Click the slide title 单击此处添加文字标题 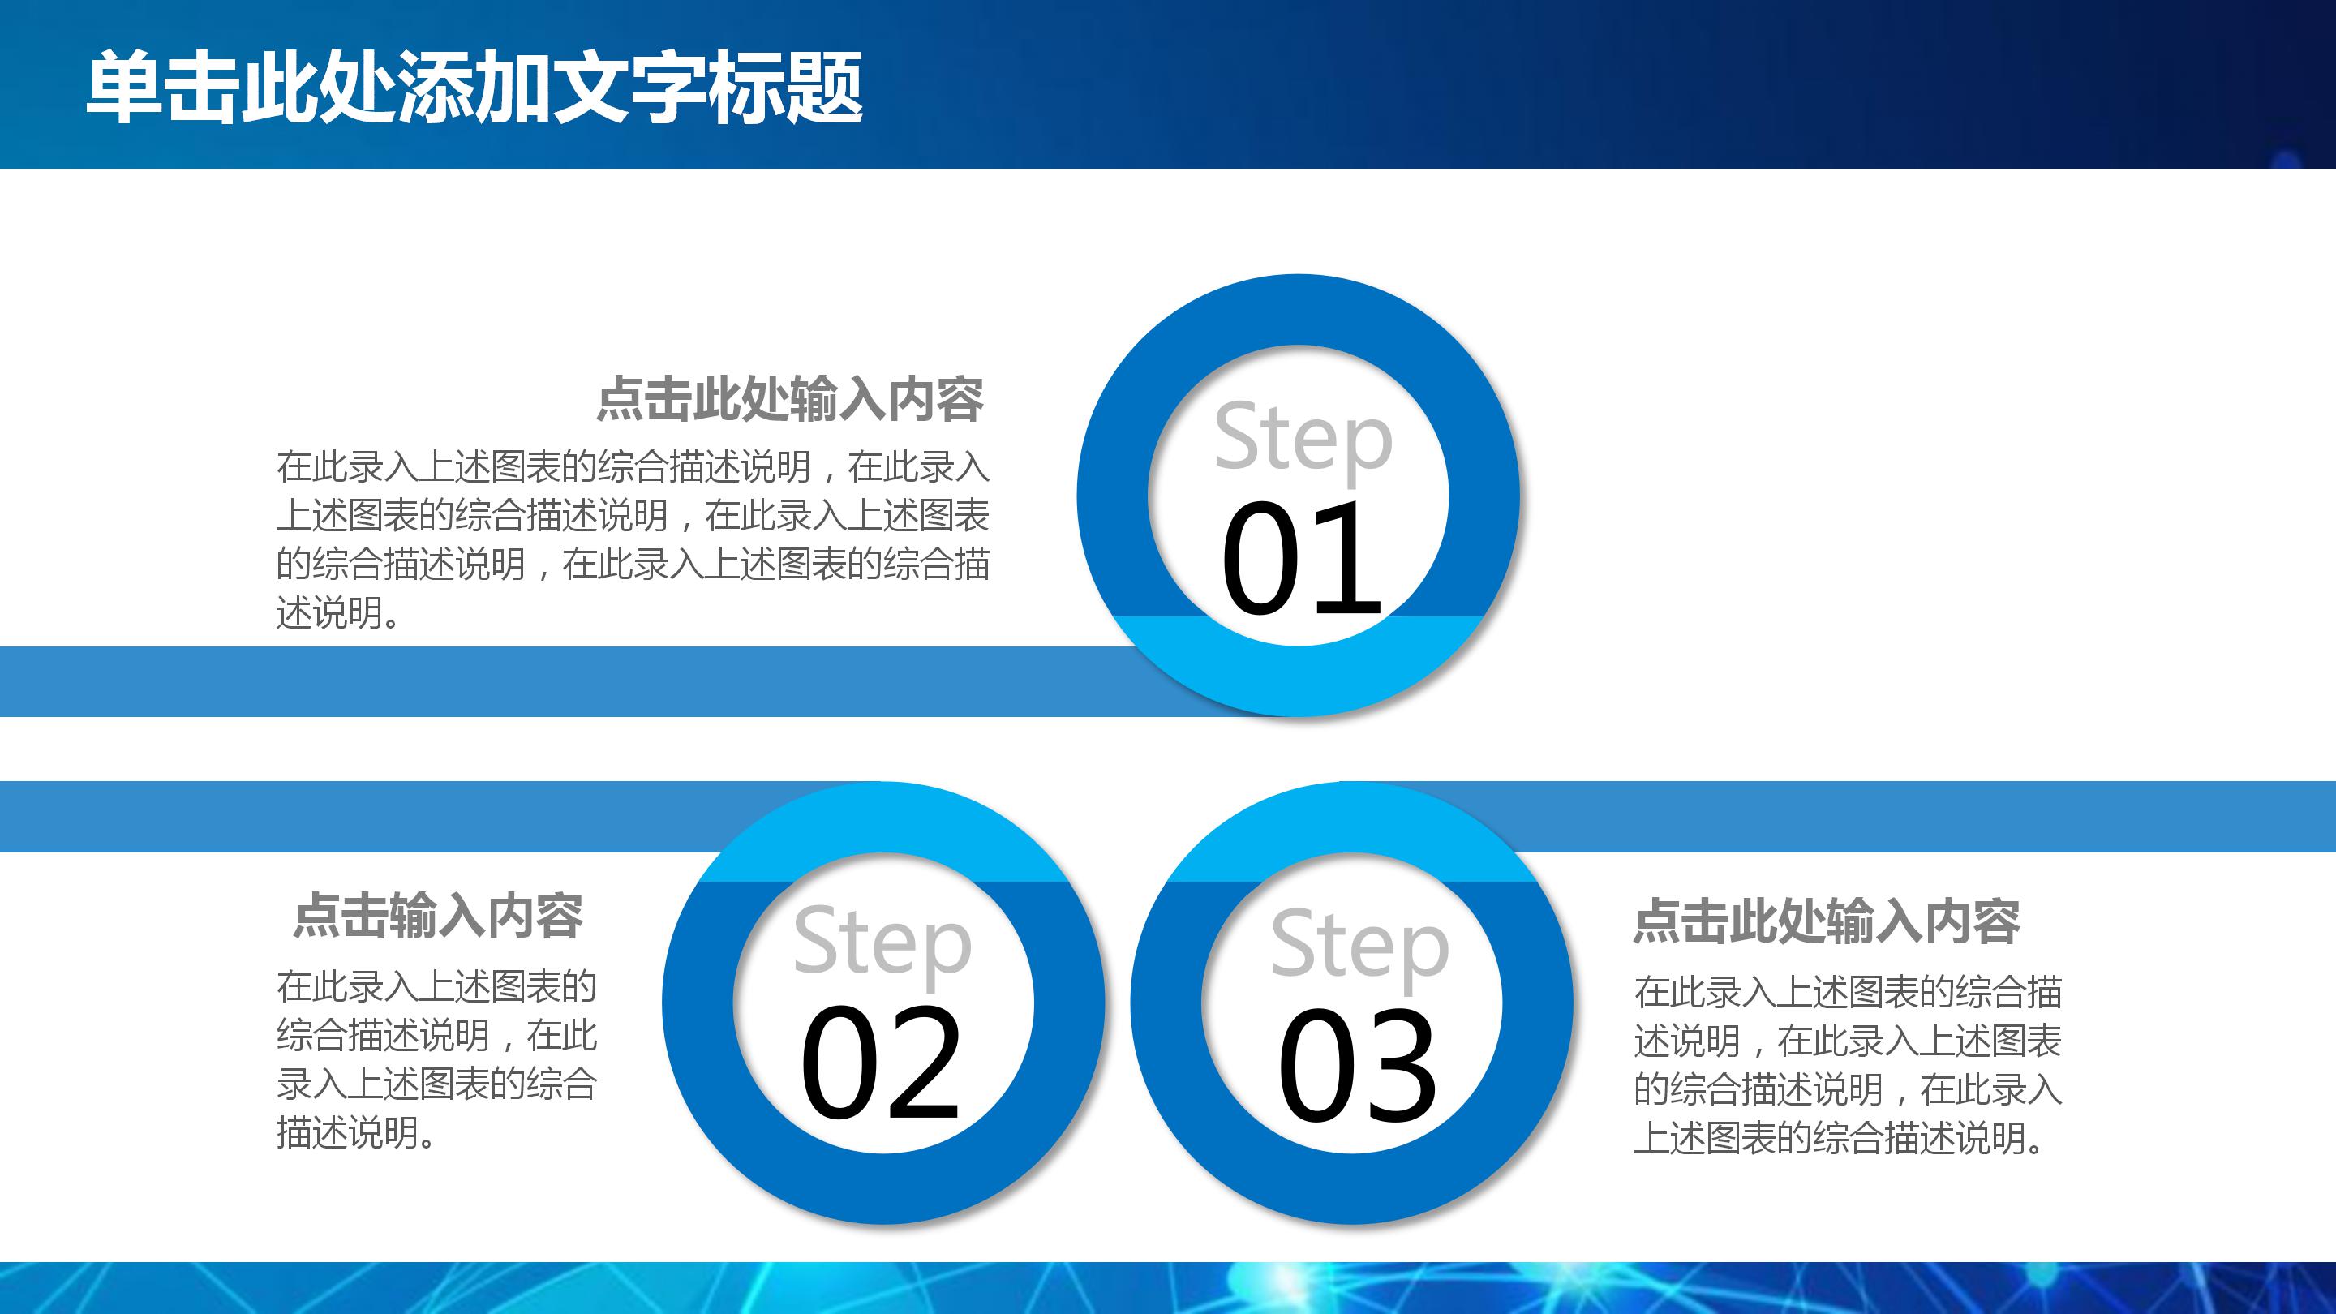click(474, 88)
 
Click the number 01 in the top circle click(1300, 560)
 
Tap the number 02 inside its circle click(879, 1063)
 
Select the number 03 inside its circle click(1357, 1066)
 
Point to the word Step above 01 click(1302, 439)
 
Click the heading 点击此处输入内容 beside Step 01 click(789, 399)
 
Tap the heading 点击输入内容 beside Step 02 click(438, 916)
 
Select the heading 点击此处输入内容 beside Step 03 click(1827, 921)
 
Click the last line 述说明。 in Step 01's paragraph click(338, 614)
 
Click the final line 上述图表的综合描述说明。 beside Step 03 click(1841, 1138)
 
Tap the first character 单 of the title click(125, 88)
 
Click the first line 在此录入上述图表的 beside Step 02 click(436, 986)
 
